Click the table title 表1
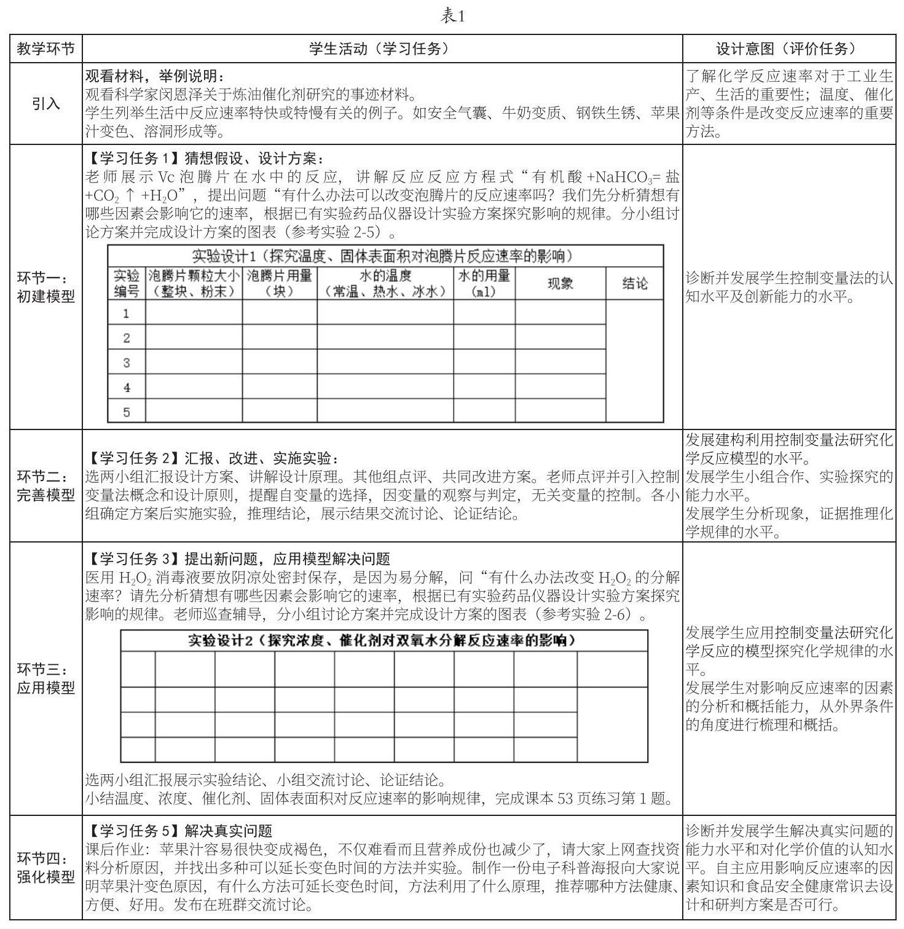[x=452, y=17]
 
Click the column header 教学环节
[x=46, y=49]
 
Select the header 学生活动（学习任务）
[x=382, y=49]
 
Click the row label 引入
[x=46, y=104]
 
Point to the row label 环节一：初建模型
[x=46, y=287]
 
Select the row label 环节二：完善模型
[x=46, y=485]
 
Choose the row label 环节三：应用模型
[x=46, y=678]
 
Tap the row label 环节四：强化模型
[x=46, y=868]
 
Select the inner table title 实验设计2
[x=383, y=641]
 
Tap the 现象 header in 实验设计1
[x=560, y=283]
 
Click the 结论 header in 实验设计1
[x=634, y=283]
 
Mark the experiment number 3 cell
[x=127, y=363]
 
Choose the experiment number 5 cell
[x=127, y=412]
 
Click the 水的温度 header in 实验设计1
[x=385, y=283]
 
